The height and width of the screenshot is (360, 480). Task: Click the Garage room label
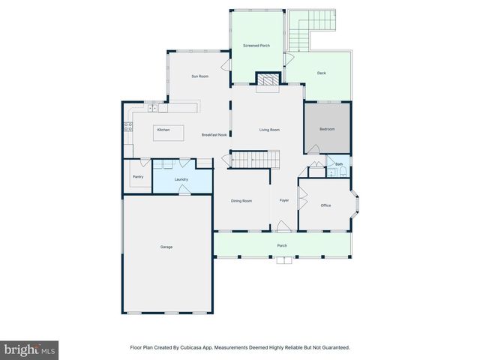(166, 247)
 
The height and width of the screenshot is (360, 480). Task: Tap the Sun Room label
(199, 76)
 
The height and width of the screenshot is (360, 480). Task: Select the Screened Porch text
(256, 46)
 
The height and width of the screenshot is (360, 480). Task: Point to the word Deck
(321, 73)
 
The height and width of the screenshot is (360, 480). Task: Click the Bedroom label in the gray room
(327, 129)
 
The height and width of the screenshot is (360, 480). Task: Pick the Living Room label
(269, 130)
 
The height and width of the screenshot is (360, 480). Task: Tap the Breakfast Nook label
(214, 135)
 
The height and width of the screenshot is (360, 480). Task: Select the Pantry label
(138, 177)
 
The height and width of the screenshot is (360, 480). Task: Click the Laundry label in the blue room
(181, 179)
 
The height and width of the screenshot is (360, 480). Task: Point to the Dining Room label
(241, 201)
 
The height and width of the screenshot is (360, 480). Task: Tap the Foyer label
(284, 200)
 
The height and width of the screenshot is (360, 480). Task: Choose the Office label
(325, 205)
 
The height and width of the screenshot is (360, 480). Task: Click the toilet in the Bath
(343, 172)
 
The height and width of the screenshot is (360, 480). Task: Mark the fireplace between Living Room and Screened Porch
(267, 79)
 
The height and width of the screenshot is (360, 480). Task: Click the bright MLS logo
(29, 350)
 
